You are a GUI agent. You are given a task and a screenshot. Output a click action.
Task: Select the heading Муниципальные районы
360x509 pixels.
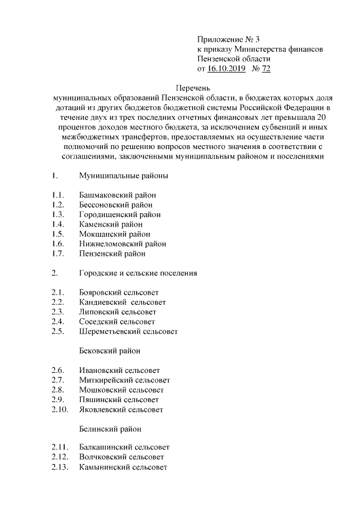(123, 176)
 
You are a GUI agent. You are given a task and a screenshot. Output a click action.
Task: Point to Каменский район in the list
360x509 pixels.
(111, 224)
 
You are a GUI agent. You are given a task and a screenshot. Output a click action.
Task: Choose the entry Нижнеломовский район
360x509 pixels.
(123, 244)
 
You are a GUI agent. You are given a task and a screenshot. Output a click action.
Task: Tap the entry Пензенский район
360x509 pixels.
(112, 254)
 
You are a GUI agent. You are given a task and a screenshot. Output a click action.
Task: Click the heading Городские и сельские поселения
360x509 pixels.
(138, 273)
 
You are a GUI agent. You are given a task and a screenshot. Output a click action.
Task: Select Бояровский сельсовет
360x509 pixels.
(119, 293)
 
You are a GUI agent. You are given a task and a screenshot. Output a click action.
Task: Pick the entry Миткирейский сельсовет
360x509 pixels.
(124, 380)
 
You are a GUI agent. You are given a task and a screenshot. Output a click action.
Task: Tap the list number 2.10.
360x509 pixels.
(60, 409)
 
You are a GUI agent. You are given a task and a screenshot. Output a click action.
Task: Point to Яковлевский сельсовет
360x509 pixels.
(121, 409)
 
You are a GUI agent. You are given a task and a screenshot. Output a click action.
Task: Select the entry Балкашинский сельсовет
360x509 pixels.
(124, 448)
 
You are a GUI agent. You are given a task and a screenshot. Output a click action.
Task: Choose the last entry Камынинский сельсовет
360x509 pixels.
(123, 467)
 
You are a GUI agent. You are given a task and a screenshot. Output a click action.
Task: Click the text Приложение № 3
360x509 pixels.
(229, 39)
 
